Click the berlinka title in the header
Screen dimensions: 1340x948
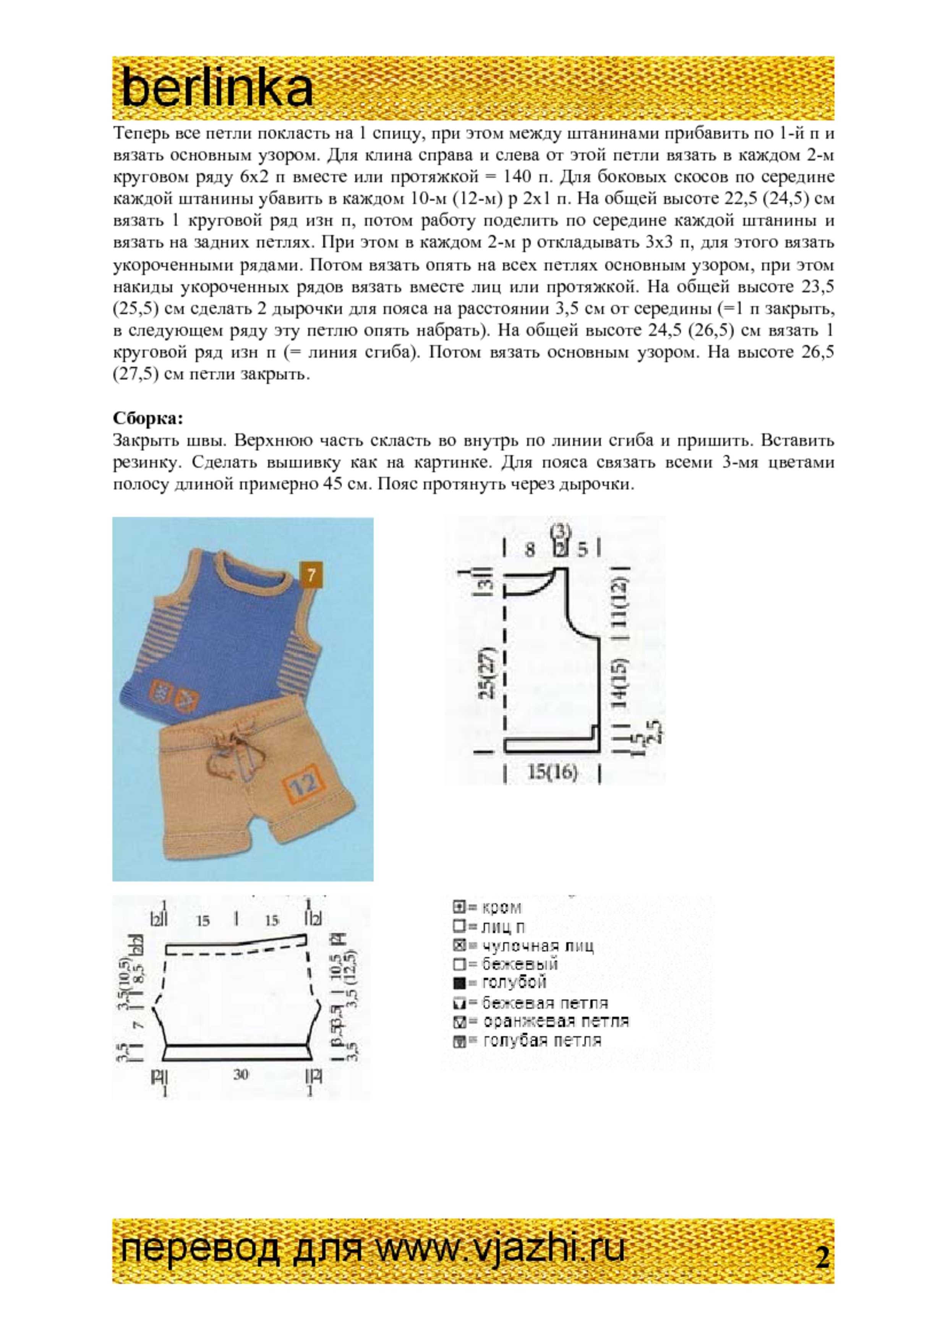[217, 89]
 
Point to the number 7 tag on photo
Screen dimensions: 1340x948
[311, 575]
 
